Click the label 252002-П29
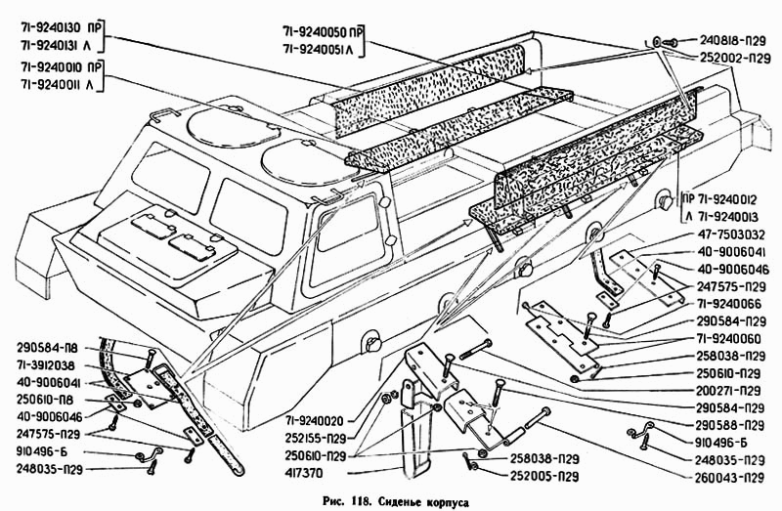[733, 59]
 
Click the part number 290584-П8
[57, 346]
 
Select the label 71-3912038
[57, 363]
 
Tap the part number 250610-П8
[57, 399]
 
